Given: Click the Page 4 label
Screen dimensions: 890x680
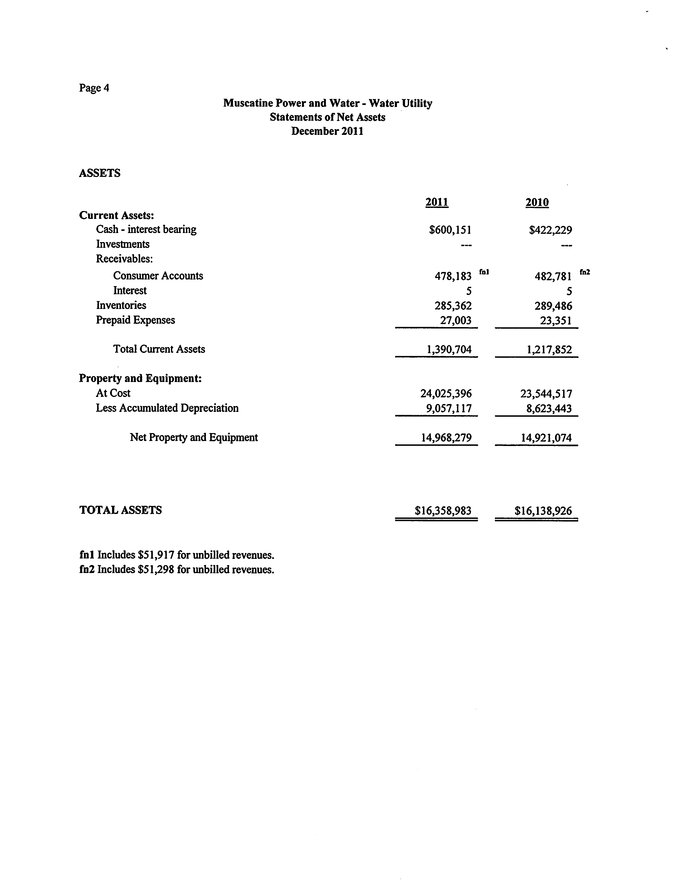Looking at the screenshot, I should tap(94, 88).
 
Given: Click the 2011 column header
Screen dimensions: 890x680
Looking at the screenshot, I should tap(437, 202).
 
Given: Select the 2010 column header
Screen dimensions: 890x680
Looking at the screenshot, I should tap(537, 202).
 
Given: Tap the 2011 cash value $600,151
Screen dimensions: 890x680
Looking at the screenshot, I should tap(450, 230).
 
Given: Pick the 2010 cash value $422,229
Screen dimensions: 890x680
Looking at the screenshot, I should tap(550, 230).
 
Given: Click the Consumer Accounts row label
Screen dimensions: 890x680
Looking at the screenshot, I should tap(158, 276).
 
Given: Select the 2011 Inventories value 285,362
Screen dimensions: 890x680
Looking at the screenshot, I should tap(453, 305).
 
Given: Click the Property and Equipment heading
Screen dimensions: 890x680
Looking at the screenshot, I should tap(140, 378).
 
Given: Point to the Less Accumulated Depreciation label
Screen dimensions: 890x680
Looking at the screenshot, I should tap(167, 408).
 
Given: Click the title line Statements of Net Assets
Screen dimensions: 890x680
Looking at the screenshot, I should tap(327, 117).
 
